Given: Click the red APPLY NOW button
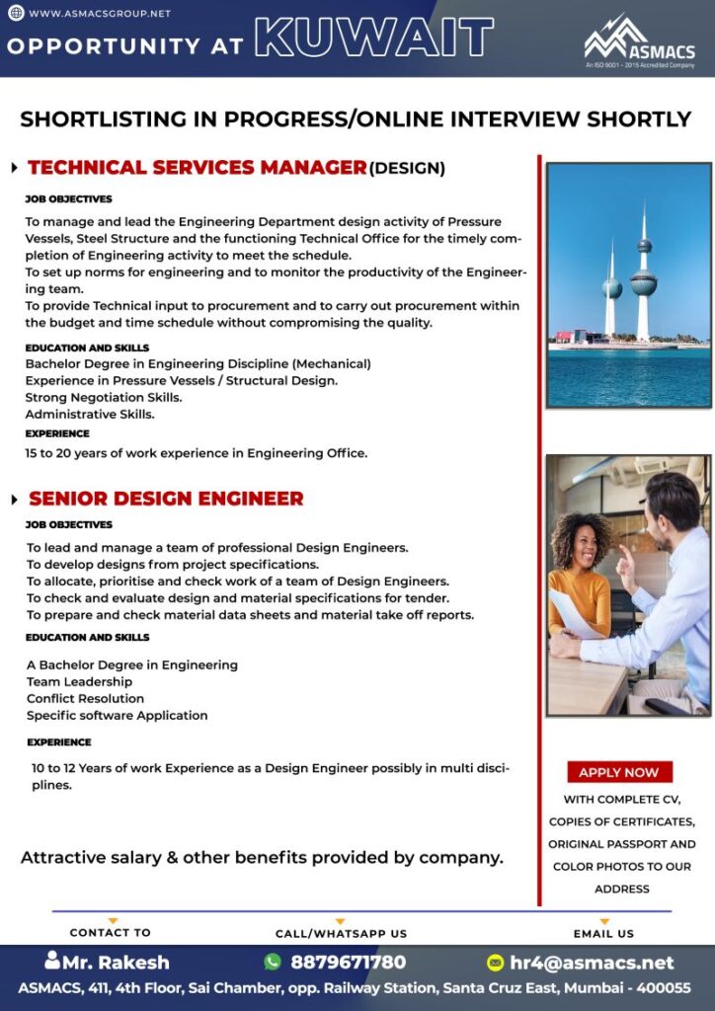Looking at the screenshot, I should click(x=619, y=772).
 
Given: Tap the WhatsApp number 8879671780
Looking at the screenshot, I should click(x=348, y=962).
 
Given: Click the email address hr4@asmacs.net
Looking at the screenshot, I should click(x=592, y=962).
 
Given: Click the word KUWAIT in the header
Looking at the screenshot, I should click(x=374, y=39).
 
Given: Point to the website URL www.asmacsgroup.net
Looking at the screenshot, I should click(x=99, y=14).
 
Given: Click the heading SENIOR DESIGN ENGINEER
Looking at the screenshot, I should click(x=166, y=499).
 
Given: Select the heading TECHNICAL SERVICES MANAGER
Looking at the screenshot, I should click(x=198, y=168).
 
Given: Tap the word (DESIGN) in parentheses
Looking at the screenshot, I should click(x=407, y=169).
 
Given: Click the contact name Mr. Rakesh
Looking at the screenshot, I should click(x=116, y=962).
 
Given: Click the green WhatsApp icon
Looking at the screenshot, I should click(x=273, y=962).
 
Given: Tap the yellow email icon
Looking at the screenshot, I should click(x=496, y=962).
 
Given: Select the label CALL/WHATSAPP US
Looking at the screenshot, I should click(x=341, y=933).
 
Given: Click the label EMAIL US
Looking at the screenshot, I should click(x=603, y=933).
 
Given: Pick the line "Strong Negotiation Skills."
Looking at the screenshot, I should click(x=104, y=397).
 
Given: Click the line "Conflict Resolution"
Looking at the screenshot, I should click(x=86, y=698).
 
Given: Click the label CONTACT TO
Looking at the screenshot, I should click(x=111, y=932).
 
